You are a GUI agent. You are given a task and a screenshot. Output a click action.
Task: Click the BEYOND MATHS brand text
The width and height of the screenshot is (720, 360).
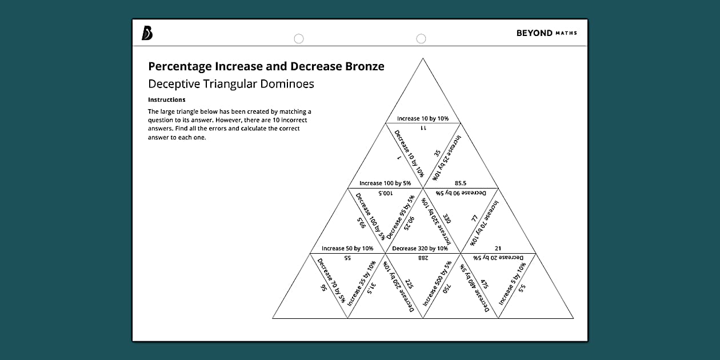(x=546, y=33)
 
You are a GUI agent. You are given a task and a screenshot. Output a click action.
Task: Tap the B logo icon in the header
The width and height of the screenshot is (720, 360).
(x=147, y=34)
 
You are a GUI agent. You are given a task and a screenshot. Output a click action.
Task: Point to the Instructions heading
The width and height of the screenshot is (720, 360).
(x=166, y=100)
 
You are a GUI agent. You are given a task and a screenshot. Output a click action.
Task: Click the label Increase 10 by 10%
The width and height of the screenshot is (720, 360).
(x=423, y=119)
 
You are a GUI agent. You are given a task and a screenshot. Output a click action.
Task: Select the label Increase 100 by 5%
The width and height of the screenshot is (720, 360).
(x=385, y=183)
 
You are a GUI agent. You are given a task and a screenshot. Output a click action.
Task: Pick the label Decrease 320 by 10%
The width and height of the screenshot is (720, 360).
(x=420, y=249)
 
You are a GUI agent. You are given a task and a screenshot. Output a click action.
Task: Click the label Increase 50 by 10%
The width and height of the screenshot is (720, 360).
(x=347, y=249)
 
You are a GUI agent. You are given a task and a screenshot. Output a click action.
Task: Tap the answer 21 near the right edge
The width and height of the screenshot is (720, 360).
(x=498, y=249)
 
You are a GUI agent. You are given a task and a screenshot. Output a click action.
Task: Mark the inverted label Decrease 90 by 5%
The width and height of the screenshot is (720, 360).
(x=461, y=194)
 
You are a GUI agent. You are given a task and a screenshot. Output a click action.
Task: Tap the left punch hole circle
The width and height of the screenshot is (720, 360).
(x=298, y=39)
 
